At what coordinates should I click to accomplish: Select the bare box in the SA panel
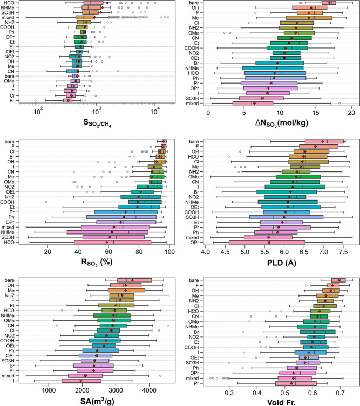(134, 280)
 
